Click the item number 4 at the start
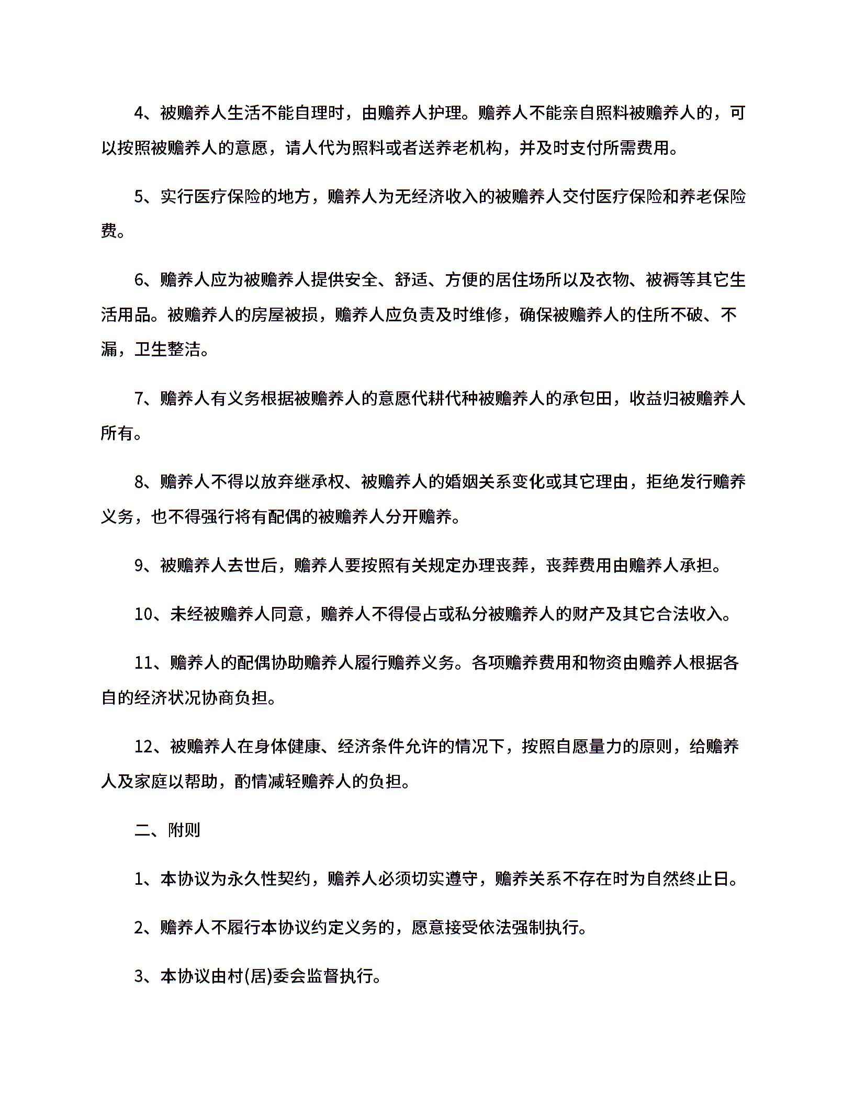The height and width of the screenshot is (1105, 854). point(139,113)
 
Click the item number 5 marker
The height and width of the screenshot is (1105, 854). point(139,197)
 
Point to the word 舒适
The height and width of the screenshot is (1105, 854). point(411,280)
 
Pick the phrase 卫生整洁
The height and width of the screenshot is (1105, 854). point(168,349)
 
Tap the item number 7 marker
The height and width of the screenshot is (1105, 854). point(139,399)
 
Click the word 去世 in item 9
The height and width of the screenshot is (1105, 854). point(244,566)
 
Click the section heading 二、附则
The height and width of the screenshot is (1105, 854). point(167,830)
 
